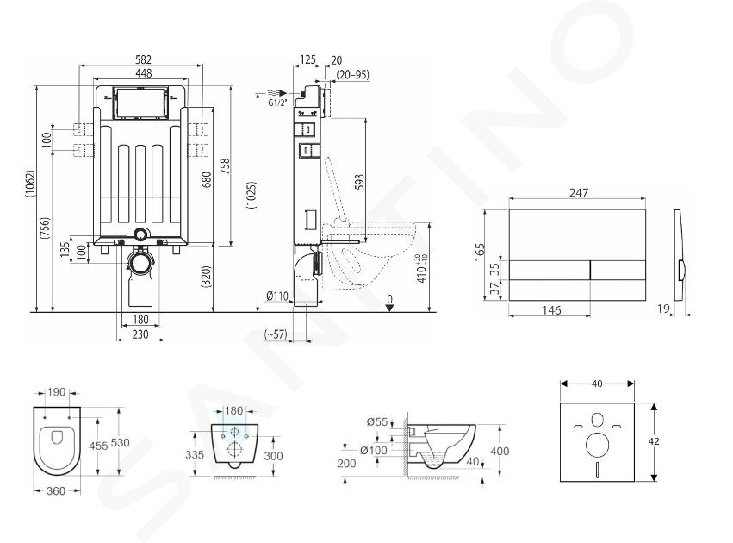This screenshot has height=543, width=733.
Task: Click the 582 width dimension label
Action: click(144, 59)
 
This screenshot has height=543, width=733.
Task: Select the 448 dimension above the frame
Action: click(144, 73)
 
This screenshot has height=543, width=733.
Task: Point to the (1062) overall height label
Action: click(30, 184)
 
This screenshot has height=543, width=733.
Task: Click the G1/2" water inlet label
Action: click(277, 103)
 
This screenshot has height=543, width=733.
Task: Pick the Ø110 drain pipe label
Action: click(277, 296)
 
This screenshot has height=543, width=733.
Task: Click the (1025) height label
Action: click(252, 195)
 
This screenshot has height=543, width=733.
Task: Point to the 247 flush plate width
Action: click(579, 193)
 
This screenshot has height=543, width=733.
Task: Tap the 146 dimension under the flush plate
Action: click(551, 310)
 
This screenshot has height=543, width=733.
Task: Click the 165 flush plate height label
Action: click(480, 252)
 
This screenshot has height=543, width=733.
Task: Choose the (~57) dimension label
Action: click(276, 334)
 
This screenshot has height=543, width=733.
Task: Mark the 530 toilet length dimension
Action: click(121, 442)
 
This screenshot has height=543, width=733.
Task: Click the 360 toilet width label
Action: click(56, 490)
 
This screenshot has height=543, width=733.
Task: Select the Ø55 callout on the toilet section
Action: click(377, 421)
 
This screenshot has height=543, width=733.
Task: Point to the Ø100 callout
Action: click(374, 450)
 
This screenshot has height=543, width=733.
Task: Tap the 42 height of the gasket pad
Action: click(654, 441)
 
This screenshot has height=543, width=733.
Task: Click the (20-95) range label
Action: click(353, 74)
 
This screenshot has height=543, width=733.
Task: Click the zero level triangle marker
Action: click(389, 308)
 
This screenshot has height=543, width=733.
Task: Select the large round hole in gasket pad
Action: click(597, 445)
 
